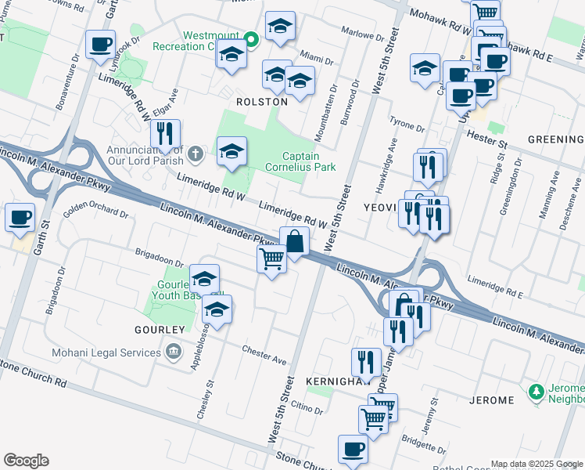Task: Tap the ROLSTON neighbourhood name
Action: tap(262, 102)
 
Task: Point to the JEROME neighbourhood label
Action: tap(492, 400)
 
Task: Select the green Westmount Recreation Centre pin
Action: tap(251, 39)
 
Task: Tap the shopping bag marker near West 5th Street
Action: tap(294, 241)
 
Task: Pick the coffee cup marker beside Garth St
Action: tap(20, 217)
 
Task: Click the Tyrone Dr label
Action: tap(407, 127)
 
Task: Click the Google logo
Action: tap(26, 461)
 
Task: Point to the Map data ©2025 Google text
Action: tap(537, 464)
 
